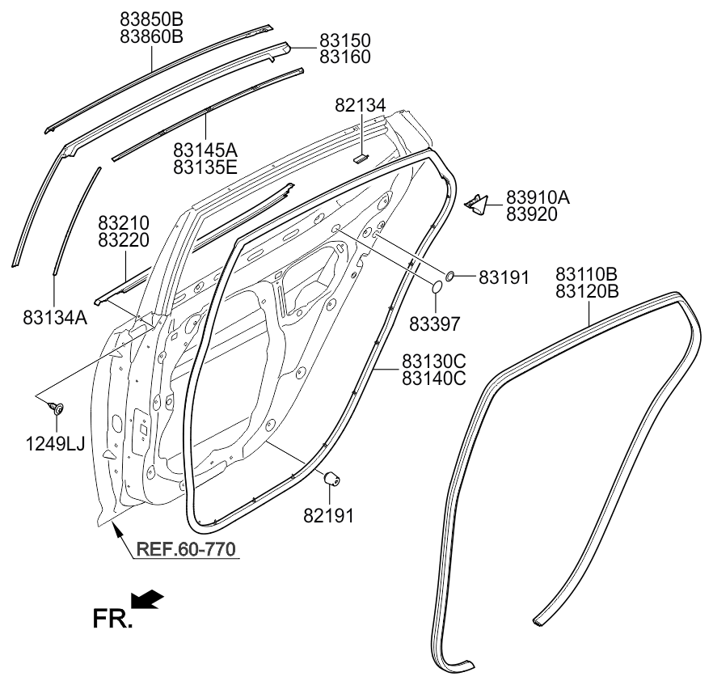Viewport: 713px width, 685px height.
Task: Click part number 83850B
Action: pos(151,19)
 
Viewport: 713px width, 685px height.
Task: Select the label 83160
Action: pos(344,57)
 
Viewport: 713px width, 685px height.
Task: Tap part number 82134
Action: pos(361,105)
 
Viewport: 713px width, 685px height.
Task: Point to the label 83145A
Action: pos(205,150)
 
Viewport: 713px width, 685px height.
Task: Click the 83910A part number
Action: pos(538,197)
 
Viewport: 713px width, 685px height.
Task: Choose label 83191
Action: pos(504,277)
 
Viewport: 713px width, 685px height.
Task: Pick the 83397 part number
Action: pos(435,324)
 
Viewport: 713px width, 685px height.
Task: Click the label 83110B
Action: pos(587,274)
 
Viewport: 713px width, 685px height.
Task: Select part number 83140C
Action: pos(434,378)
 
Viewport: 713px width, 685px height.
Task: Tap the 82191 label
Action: pos(328,516)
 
